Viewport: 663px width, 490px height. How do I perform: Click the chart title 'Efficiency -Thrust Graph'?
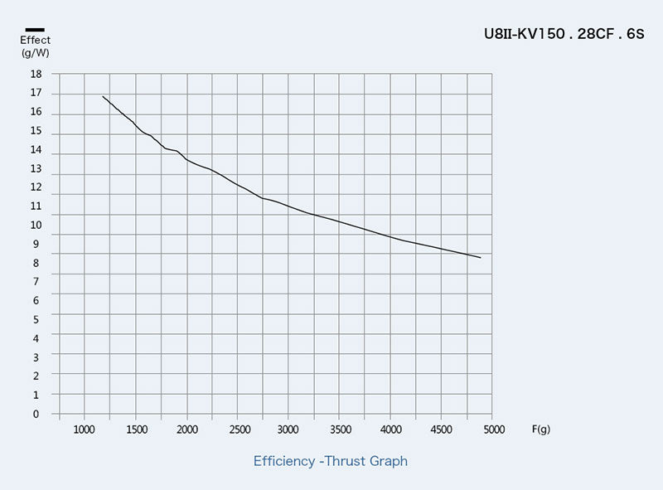pos(331,461)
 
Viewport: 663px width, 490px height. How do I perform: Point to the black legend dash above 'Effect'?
pos(35,30)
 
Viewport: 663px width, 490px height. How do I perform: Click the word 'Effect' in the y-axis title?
pos(36,40)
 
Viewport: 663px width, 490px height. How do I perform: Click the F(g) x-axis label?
pos(540,429)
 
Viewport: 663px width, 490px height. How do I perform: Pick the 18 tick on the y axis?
pos(36,74)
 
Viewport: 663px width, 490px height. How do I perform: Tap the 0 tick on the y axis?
pos(36,414)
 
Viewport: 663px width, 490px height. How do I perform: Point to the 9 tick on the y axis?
pos(36,244)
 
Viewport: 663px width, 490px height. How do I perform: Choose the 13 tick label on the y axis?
pos(36,168)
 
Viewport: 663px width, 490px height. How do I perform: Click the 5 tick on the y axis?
pos(36,319)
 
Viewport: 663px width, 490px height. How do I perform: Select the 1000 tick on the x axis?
pos(85,429)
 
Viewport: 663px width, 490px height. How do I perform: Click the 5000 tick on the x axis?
pos(493,429)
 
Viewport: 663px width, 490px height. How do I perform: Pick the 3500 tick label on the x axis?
pos(340,429)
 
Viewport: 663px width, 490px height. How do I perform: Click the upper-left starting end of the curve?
pos(103,96)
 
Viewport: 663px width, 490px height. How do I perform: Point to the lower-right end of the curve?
pos(481,258)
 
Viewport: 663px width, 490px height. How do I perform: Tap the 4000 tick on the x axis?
pos(391,429)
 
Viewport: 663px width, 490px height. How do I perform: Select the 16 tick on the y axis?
pos(36,112)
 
